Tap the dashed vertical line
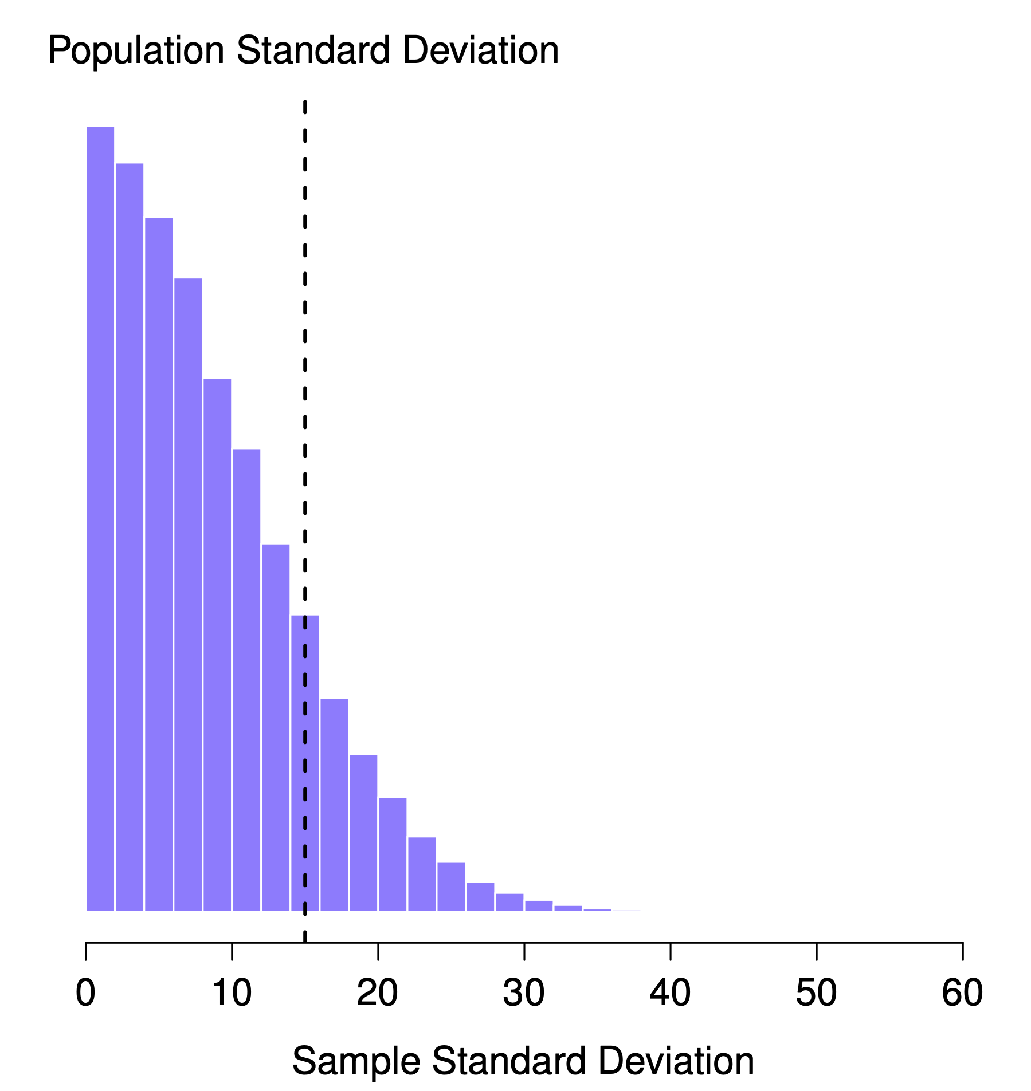(x=305, y=401)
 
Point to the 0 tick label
(x=85, y=993)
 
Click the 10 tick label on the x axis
(x=232, y=993)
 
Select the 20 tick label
(x=377, y=993)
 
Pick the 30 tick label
(x=524, y=993)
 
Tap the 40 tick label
(x=670, y=993)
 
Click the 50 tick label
(x=816, y=993)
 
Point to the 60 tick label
(x=962, y=993)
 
